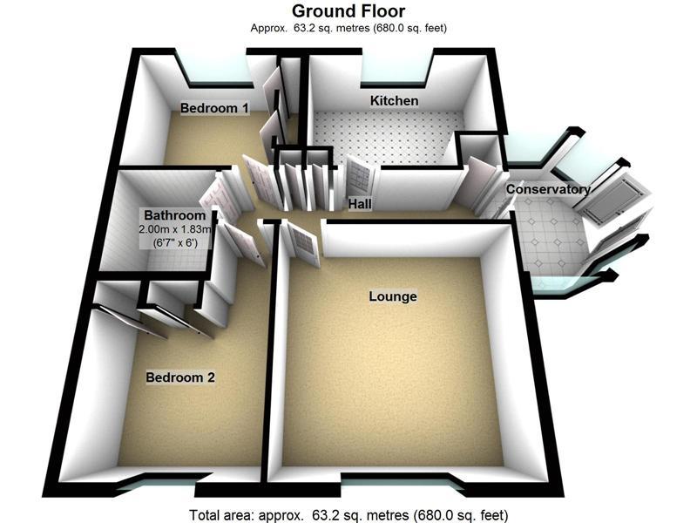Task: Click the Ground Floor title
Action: point(348,11)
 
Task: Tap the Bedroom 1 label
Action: point(215,108)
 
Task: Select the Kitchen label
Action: point(394,101)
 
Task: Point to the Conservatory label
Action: point(548,189)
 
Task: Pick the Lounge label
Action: point(393,296)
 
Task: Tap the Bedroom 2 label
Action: point(179,377)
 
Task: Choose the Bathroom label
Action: point(174,215)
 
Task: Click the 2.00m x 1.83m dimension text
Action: point(174,229)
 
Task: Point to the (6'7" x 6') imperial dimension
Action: point(174,242)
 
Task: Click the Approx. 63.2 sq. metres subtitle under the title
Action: point(348,28)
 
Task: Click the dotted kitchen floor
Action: point(383,135)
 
